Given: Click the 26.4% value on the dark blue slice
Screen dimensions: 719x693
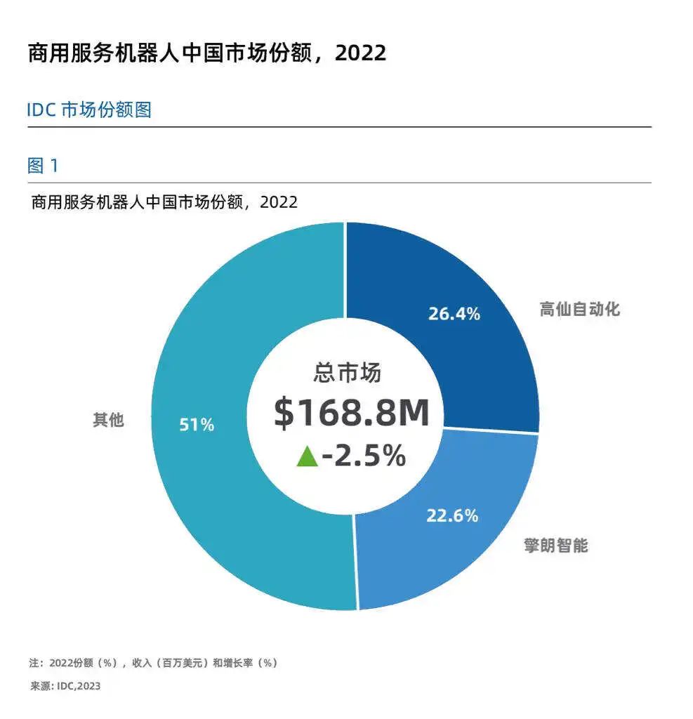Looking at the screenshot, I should coord(454,314).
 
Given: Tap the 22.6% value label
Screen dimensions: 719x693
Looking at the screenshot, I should coord(452,515).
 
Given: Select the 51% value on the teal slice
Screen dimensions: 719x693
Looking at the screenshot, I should coord(197,425).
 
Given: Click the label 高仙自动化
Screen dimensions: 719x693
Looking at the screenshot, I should coord(579,309).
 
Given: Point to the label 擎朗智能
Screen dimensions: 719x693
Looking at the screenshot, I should coord(555,545).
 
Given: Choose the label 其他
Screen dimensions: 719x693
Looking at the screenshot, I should coord(108,421).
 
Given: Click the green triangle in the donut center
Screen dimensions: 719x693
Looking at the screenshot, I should coord(307,457).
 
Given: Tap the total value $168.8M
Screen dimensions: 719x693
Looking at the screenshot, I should coord(351,414).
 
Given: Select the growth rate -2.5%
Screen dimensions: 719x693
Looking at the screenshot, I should coord(364,456).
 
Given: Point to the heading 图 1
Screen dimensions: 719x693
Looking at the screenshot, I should coord(44,166).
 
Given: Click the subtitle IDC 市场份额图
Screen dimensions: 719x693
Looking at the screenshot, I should coord(89,110).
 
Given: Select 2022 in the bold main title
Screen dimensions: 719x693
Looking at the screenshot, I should coord(360,53).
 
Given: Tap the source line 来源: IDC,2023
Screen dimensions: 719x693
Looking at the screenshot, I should coord(65,686).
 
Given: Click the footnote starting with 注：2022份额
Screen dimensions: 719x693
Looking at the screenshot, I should coord(153,663).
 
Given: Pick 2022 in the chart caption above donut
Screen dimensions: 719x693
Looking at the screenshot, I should coord(279,202).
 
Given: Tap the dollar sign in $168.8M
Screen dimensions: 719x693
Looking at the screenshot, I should coord(284,414).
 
